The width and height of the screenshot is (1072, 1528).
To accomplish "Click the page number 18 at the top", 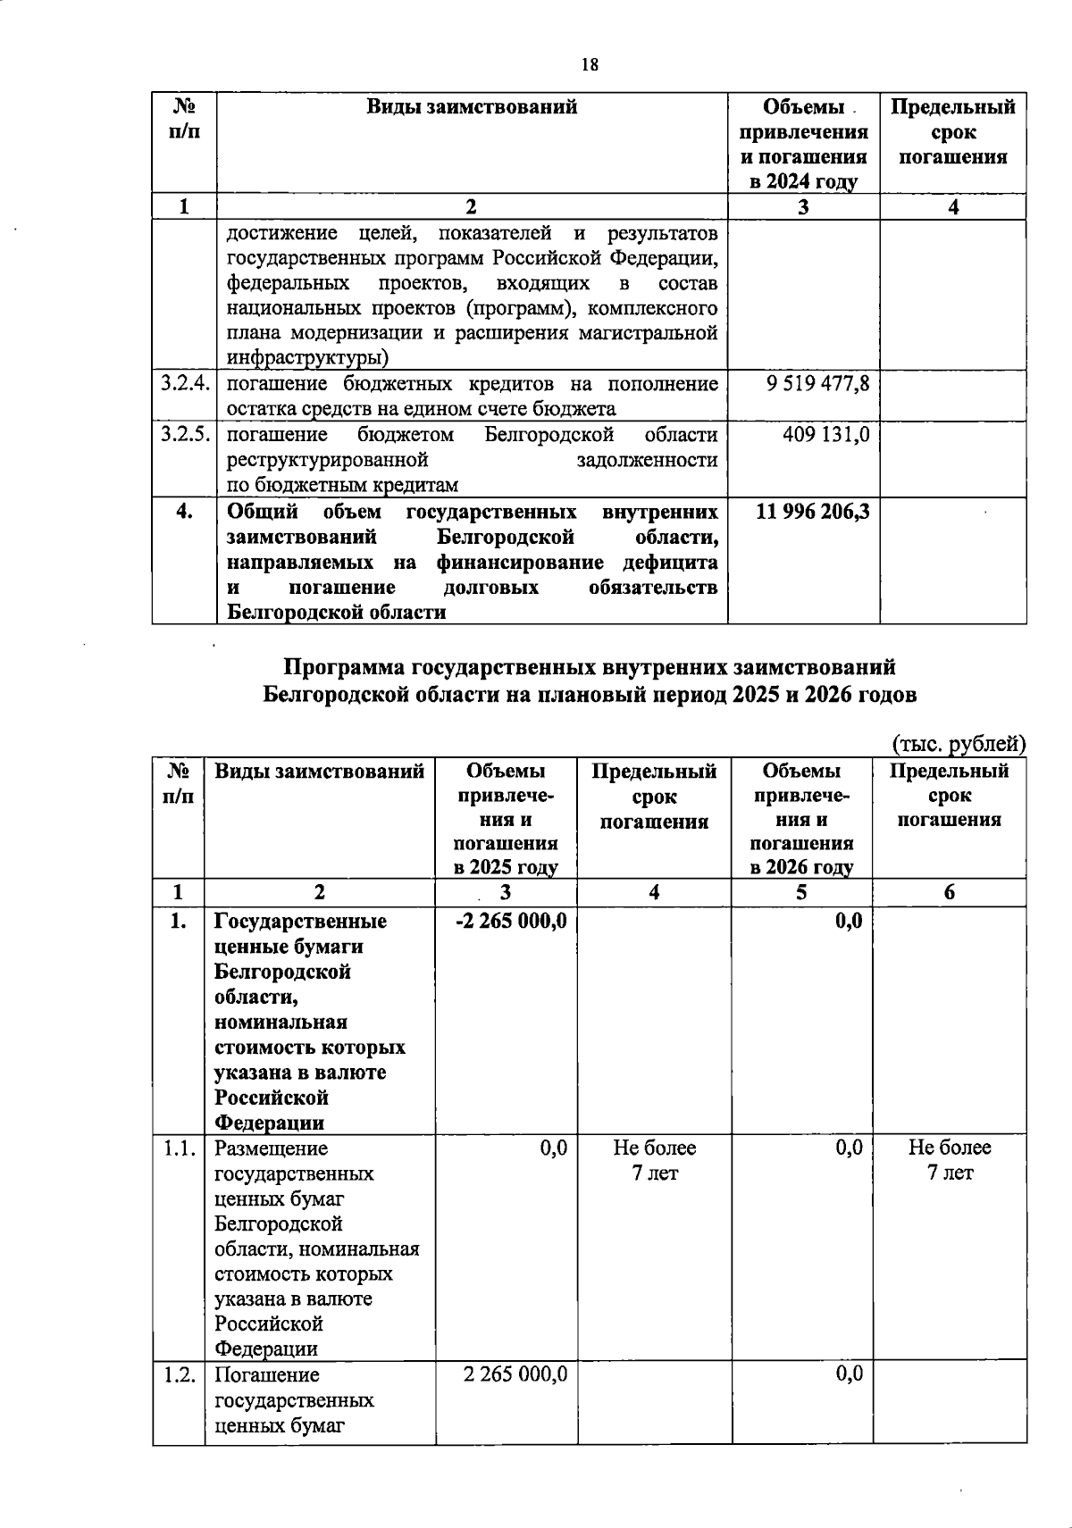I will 590,64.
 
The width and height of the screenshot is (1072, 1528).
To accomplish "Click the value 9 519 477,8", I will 817,384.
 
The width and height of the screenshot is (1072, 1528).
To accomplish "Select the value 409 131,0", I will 826,435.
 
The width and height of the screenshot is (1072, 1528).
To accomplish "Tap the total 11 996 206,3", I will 812,512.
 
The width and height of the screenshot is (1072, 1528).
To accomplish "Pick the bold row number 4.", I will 184,512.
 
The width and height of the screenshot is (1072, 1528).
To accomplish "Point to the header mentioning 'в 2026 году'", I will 801,818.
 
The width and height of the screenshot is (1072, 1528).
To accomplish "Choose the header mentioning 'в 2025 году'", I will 506,818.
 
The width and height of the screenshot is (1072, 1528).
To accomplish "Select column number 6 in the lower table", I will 949,892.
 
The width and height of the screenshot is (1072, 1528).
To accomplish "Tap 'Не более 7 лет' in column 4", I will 654,1160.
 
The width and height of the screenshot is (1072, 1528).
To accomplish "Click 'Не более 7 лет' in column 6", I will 950,1160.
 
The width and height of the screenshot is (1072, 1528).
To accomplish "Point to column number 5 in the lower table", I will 801,892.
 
